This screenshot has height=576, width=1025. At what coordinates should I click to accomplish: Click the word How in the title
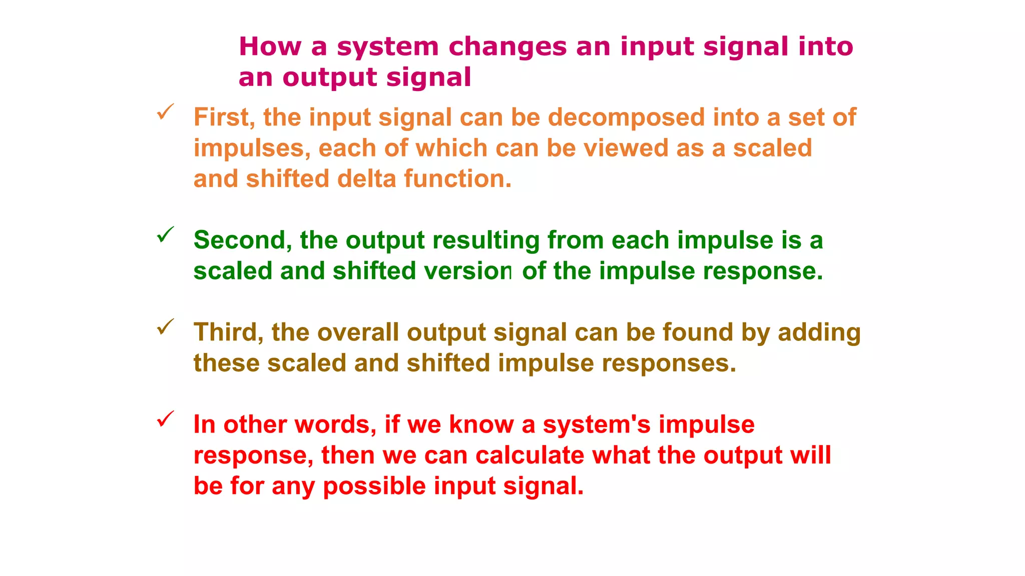point(270,46)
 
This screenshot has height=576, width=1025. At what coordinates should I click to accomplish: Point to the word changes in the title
point(507,46)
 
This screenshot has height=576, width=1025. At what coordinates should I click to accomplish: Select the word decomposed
point(626,117)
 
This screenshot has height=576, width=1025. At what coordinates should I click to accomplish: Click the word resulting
point(485,240)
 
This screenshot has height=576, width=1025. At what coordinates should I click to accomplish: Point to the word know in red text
point(481,424)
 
